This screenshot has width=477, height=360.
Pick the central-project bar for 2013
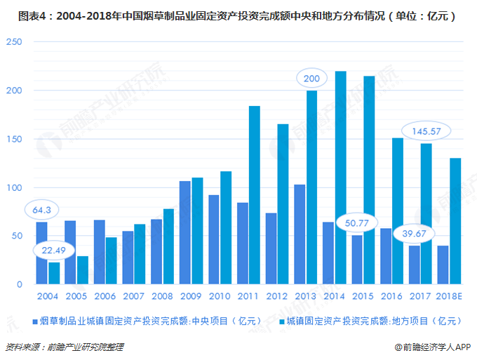click(x=300, y=234)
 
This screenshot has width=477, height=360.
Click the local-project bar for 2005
click(x=83, y=270)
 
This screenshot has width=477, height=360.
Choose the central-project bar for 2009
click(x=185, y=232)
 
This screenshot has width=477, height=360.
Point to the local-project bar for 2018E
click(x=455, y=221)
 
